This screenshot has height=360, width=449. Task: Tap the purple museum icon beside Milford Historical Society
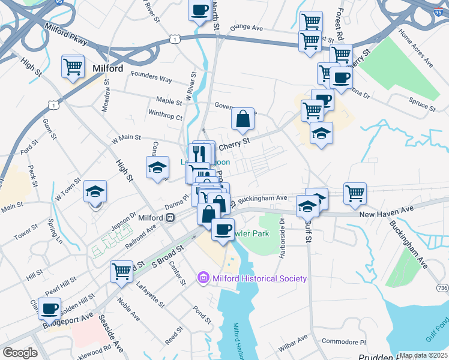pos(203,278)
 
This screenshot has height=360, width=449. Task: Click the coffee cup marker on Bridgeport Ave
pos(49,308)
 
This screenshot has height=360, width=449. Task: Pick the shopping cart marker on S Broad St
pos(121,271)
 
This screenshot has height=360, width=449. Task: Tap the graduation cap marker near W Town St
pos(95,191)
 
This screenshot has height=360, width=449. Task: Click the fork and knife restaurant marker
pos(200,153)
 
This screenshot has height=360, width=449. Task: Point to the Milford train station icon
pos(170,217)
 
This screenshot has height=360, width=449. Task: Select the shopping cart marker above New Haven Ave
pos(355,193)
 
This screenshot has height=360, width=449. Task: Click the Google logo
pos(20,353)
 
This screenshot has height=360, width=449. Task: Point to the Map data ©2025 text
pos(423,355)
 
